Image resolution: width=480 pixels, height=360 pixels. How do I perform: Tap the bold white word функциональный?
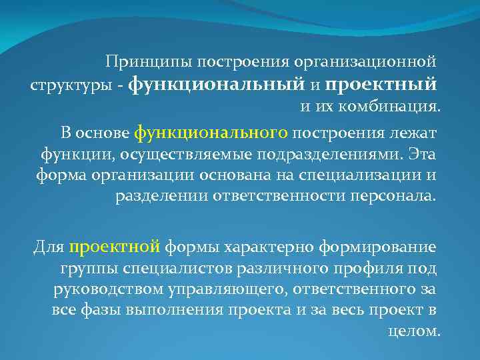click(x=215, y=85)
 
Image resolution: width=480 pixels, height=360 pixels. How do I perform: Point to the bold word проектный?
click(x=382, y=85)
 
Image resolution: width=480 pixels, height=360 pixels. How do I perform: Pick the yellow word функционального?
click(x=211, y=132)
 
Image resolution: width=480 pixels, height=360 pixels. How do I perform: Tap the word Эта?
click(x=422, y=155)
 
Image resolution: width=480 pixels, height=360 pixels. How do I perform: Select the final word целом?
click(x=413, y=331)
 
